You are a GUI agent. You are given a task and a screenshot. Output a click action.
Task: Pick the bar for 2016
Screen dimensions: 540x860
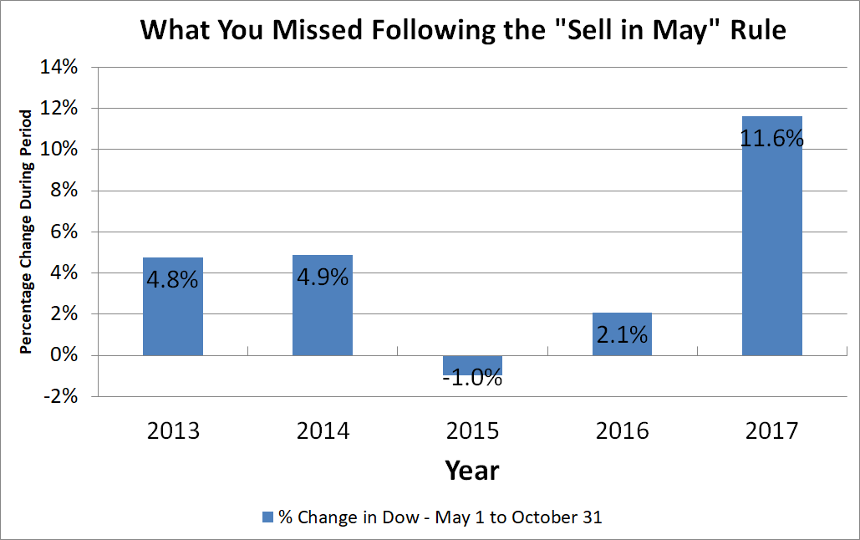click(621, 343)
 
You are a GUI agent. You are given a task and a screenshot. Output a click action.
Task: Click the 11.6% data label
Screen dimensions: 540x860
click(771, 137)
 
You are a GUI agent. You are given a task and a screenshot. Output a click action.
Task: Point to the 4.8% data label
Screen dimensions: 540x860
click(173, 278)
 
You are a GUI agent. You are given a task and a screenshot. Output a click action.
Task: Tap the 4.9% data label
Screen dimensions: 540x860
click(322, 277)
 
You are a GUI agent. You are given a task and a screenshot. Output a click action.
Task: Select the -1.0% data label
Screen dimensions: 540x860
click(471, 378)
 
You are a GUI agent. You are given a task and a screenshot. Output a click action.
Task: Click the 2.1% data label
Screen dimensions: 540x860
click(621, 335)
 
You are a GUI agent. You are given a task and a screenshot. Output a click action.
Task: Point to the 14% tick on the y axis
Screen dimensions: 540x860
click(59, 69)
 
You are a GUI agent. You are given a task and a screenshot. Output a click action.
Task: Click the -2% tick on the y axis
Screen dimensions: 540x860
click(59, 397)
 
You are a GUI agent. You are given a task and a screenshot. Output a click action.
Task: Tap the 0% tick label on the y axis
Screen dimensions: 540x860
click(64, 356)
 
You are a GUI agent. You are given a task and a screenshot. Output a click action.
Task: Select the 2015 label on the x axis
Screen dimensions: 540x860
click(471, 431)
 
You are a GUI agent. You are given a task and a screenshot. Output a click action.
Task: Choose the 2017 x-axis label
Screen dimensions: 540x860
click(771, 431)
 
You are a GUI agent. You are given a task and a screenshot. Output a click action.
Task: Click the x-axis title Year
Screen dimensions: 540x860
click(471, 470)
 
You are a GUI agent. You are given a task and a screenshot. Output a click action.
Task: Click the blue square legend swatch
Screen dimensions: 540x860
click(267, 517)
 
